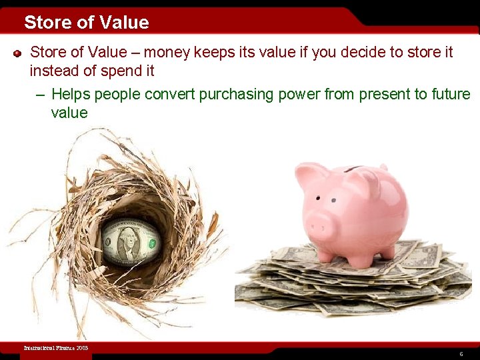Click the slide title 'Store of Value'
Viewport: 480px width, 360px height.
87,23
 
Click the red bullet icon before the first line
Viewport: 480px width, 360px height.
18,53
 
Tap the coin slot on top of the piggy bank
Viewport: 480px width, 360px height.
354,169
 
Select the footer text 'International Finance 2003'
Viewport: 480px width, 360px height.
55,348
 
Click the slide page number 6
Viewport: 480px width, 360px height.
461,354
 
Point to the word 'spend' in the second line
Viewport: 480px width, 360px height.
125,70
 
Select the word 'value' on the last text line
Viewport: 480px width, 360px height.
69,113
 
